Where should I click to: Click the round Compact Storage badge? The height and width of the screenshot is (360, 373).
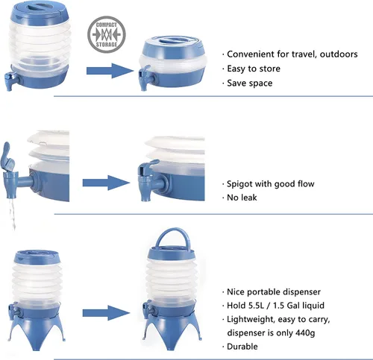107,34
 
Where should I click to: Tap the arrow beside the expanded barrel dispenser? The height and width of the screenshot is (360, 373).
110,71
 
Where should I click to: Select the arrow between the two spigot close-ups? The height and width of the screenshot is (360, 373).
107,183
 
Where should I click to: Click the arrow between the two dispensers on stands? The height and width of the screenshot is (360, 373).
107,313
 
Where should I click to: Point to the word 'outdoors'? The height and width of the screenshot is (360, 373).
339,54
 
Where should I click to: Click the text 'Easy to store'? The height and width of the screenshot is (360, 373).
254,69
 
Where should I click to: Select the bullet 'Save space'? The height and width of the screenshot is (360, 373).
250,83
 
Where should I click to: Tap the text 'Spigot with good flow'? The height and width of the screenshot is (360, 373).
271,184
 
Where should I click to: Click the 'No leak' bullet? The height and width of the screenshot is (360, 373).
242,198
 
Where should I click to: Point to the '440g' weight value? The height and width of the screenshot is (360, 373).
305,332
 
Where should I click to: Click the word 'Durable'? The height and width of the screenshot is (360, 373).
242,347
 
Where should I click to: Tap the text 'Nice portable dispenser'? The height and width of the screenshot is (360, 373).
274,291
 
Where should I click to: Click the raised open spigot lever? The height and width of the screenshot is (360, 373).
7,157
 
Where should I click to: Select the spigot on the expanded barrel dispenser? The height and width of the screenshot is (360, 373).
11,80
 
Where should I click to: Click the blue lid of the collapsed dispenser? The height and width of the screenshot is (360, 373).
174,46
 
